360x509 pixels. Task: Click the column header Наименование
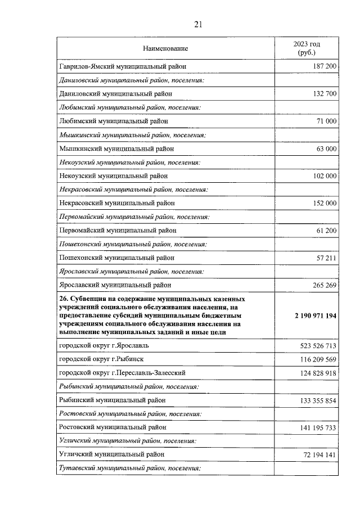click(165, 48)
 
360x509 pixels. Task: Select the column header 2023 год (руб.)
click(307, 48)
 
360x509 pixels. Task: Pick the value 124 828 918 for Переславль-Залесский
click(317, 373)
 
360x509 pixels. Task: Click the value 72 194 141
click(319, 454)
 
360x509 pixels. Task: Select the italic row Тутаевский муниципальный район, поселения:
click(129, 468)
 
